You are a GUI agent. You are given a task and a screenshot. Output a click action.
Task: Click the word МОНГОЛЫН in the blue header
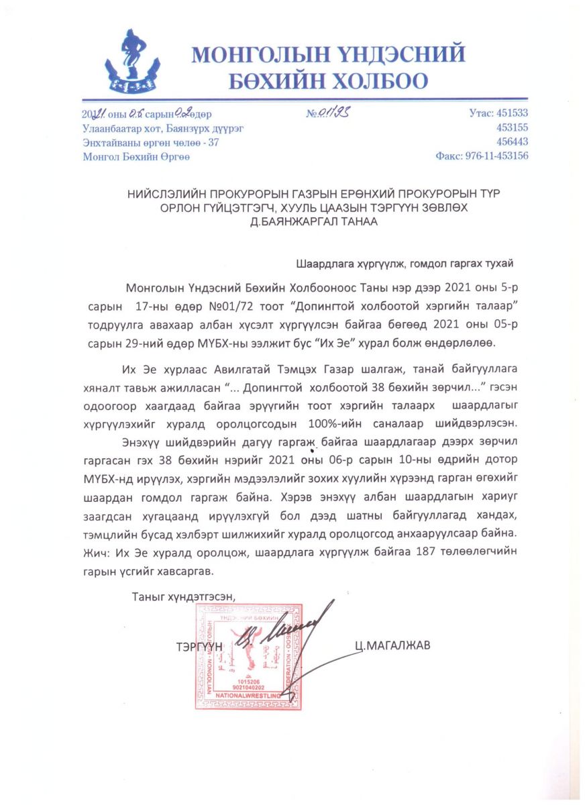tap(260, 54)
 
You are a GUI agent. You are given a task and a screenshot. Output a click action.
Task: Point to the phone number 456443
tap(512, 142)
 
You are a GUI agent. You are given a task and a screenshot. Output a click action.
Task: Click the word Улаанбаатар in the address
tap(110, 127)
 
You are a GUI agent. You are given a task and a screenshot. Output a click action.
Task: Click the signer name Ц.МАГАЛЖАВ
tap(393, 645)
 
